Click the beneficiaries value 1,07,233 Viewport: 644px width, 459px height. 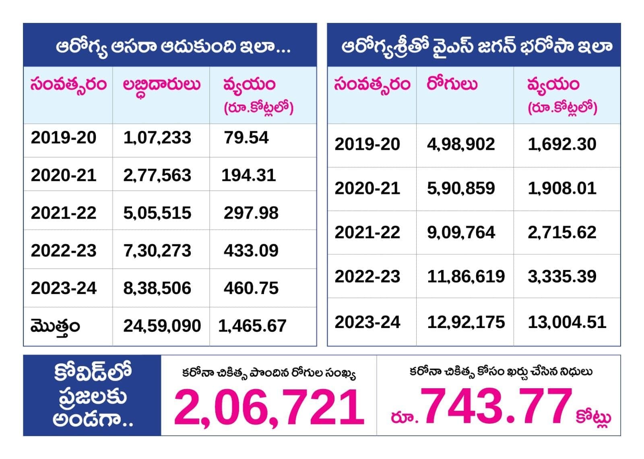click(x=157, y=138)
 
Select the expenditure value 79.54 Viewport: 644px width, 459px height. click(x=246, y=138)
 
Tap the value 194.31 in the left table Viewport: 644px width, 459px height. click(x=248, y=175)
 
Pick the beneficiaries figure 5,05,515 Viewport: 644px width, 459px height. click(x=157, y=213)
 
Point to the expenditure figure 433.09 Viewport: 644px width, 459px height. click(x=251, y=251)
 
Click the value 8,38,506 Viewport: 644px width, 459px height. click(x=157, y=288)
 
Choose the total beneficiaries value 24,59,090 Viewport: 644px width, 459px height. click(x=162, y=326)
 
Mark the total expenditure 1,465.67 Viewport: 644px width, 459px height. click(x=252, y=326)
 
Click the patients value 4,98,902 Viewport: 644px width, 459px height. click(x=461, y=144)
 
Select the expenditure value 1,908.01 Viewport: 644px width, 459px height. click(x=562, y=189)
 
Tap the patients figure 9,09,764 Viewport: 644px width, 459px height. click(x=461, y=233)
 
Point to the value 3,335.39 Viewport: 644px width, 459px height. click(x=562, y=277)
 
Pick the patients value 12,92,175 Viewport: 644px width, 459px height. click(x=466, y=322)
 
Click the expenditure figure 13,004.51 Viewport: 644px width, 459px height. click(x=567, y=322)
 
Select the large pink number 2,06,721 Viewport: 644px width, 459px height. click(x=269, y=408)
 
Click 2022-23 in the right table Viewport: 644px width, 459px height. click(x=367, y=277)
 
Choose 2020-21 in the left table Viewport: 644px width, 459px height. click(x=64, y=175)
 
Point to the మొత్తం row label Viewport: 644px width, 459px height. click(x=55, y=327)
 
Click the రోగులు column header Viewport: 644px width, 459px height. click(x=452, y=85)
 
